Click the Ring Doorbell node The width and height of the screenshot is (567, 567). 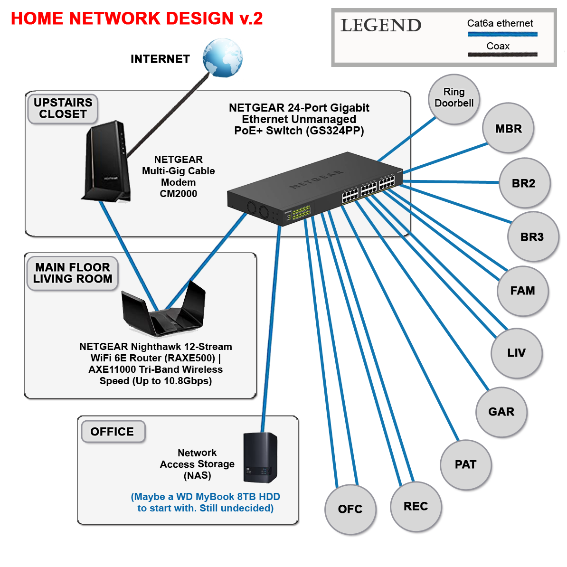tap(454, 99)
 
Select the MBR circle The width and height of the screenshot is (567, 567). tap(508, 128)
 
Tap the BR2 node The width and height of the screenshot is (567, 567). tap(524, 183)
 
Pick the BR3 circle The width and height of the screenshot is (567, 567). tap(532, 237)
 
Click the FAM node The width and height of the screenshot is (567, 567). tap(522, 291)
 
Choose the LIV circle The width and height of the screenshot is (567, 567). tap(516, 353)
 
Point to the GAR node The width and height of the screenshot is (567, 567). tap(501, 412)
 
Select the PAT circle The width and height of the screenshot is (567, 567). tap(465, 464)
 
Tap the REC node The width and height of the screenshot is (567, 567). tap(416, 506)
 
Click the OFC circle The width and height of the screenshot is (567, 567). tap(350, 509)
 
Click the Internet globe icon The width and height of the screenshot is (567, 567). tap(222, 58)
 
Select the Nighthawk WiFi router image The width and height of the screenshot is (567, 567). tap(163, 311)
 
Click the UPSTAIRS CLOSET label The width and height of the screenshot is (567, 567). tap(63, 109)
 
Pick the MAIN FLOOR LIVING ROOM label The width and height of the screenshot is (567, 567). tap(72, 273)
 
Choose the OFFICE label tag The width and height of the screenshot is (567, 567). tap(113, 432)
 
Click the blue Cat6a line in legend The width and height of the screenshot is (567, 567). tap(502, 34)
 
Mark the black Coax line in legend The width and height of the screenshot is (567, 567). tap(502, 55)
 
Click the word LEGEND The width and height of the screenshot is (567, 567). tap(381, 26)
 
